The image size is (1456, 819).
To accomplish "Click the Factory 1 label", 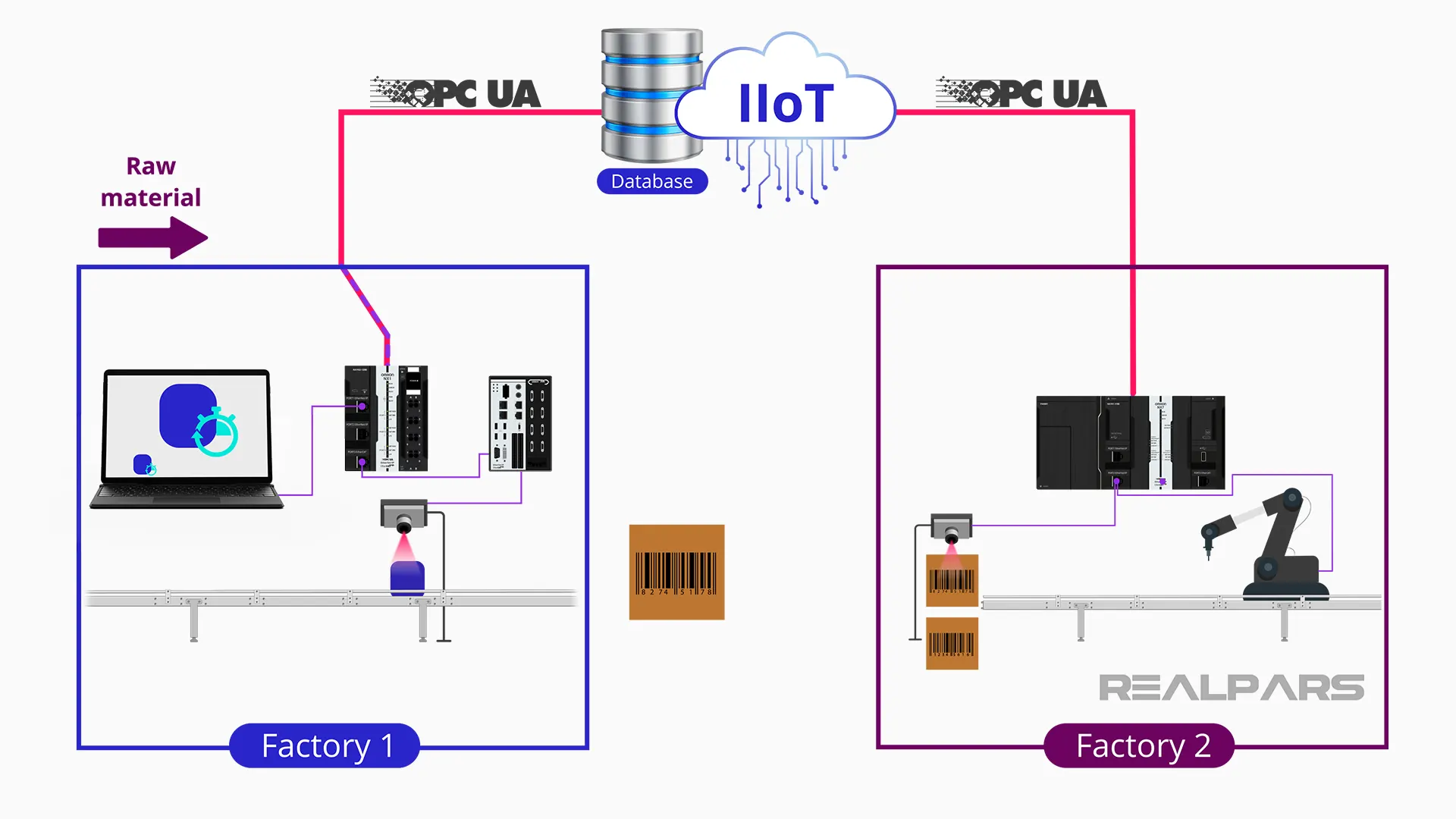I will (325, 745).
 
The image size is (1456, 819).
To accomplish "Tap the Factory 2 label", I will (1139, 745).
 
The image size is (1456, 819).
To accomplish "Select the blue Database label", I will (651, 181).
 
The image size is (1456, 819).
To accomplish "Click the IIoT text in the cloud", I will (786, 104).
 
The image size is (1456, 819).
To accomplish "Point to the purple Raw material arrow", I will (152, 237).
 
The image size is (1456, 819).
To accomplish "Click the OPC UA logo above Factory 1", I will (456, 93).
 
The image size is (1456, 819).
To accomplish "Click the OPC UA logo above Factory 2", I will (1021, 93).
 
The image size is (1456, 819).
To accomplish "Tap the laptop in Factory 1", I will (187, 438).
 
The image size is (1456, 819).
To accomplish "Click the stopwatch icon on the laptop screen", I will (217, 433).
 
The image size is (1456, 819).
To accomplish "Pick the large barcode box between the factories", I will (676, 572).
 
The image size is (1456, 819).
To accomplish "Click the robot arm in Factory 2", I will (1274, 544).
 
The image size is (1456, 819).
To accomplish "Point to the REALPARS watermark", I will (1231, 688).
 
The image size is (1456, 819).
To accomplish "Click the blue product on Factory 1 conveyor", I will (407, 579).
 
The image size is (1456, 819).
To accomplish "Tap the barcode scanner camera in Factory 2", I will (952, 528).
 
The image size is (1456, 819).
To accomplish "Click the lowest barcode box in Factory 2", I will (952, 644).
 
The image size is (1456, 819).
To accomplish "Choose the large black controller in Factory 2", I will (1130, 443).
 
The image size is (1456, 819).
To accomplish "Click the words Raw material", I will (151, 182).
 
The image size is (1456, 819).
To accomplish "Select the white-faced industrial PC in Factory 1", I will (520, 423).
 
